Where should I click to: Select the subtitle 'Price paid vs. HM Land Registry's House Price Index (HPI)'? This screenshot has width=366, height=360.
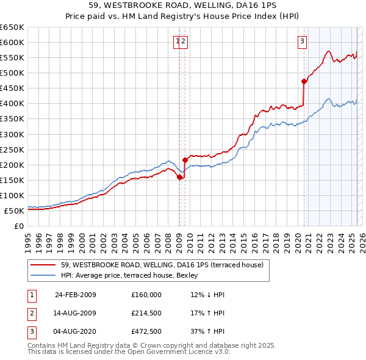pyautogui.click(x=183, y=16)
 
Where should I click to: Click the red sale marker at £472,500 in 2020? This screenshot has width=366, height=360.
pyautogui.click(x=304, y=81)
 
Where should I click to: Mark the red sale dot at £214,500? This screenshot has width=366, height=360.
pyautogui.click(x=184, y=160)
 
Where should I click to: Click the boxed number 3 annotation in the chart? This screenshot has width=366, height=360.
pyautogui.click(x=302, y=41)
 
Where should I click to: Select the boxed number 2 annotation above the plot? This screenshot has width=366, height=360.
pyautogui.click(x=184, y=41)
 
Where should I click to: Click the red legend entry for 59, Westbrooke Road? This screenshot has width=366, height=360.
pyautogui.click(x=162, y=265)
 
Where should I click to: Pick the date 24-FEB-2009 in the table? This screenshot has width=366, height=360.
pyautogui.click(x=76, y=295)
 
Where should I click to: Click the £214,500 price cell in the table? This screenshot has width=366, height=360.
pyautogui.click(x=146, y=314)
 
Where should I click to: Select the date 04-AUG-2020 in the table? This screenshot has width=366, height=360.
pyautogui.click(x=76, y=333)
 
